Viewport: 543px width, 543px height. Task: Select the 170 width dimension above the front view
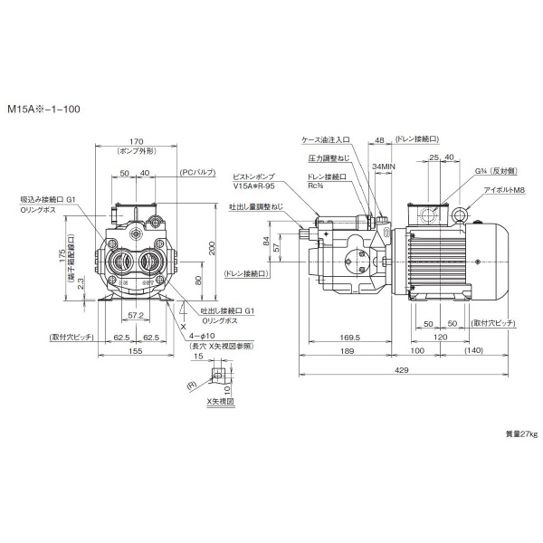point(138,140)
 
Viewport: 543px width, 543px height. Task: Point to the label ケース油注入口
point(326,140)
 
